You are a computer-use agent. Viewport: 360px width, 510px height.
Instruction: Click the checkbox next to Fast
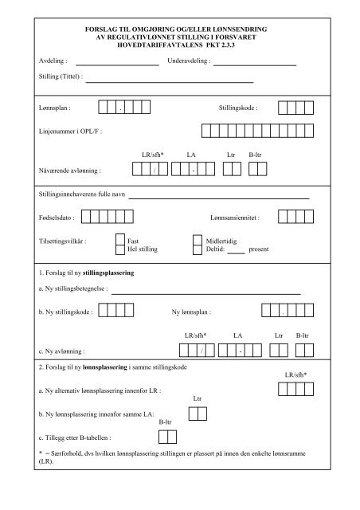121,239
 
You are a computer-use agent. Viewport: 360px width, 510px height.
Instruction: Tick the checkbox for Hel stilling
121,249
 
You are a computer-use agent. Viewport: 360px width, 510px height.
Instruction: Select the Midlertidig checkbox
198,239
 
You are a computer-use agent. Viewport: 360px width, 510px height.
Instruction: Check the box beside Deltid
198,249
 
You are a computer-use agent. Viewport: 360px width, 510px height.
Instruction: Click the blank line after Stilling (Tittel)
169,81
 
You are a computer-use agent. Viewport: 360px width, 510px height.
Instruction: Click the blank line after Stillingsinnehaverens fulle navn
219,196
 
